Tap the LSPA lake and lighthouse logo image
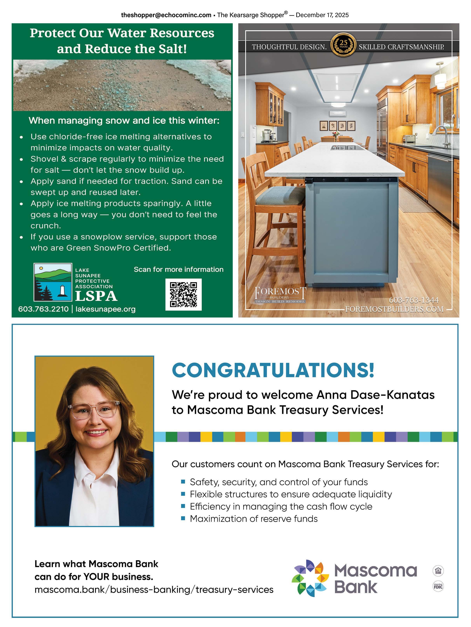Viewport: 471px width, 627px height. click(53, 282)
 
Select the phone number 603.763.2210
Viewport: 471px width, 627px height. click(43, 309)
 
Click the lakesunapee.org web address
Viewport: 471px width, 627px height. click(105, 309)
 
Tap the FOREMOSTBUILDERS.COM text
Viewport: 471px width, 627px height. click(394, 309)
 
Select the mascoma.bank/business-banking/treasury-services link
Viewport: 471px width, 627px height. click(154, 590)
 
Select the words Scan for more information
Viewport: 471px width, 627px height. click(178, 269)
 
